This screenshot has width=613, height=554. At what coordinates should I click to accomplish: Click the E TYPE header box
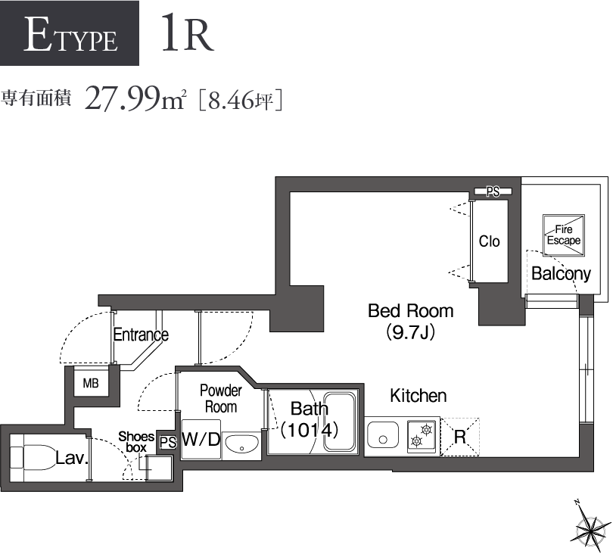point(70,33)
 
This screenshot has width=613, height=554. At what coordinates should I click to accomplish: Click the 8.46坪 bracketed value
point(241,99)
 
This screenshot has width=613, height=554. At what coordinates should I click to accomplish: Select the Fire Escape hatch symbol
point(564,235)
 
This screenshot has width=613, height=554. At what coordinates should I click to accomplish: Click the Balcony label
point(561,273)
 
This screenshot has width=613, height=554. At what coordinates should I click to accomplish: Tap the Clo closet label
point(490,241)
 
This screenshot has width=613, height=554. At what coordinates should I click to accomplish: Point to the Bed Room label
point(410,310)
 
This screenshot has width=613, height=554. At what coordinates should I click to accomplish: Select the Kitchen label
point(418,395)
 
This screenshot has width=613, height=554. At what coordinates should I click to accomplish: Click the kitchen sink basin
point(383,437)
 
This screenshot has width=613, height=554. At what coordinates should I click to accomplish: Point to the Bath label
point(310,409)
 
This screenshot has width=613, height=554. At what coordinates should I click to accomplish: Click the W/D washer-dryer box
point(201,440)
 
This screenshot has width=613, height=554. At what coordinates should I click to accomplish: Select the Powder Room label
point(220,398)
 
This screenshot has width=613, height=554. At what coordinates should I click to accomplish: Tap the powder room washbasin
point(241,444)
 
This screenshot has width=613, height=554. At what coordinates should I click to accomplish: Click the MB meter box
point(91,383)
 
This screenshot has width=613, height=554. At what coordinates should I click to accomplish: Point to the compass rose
point(587,526)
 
